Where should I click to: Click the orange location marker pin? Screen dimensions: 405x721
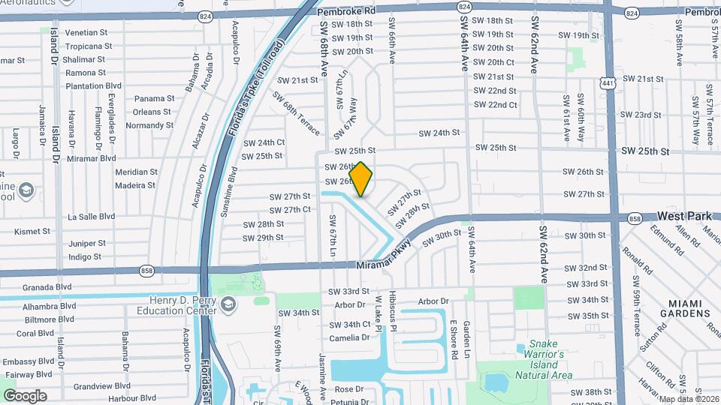361,179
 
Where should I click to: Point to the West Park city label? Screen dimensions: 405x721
683,216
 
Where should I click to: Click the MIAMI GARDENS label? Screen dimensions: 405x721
679,307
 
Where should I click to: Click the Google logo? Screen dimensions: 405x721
25,395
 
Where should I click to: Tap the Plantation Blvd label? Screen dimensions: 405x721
94,86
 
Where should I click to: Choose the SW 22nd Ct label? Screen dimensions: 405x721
495,104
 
